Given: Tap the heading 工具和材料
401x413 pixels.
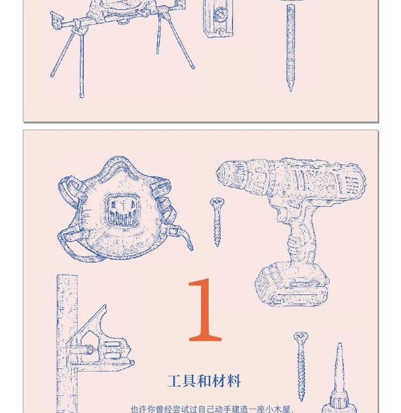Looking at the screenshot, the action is click(x=204, y=381).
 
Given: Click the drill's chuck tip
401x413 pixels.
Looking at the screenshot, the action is click(x=218, y=173).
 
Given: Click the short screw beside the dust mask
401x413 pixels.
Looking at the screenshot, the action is click(x=217, y=222).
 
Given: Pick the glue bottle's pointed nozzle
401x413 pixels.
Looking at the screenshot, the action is click(x=339, y=369).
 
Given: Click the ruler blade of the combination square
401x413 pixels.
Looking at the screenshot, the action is click(x=67, y=342).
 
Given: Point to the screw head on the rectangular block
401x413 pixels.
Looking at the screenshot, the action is click(x=219, y=13).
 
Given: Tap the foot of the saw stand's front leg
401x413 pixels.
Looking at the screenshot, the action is click(x=82, y=95).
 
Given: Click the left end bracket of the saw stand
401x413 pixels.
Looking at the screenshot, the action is click(x=57, y=20).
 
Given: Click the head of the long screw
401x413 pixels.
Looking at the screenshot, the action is click(x=301, y=337).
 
